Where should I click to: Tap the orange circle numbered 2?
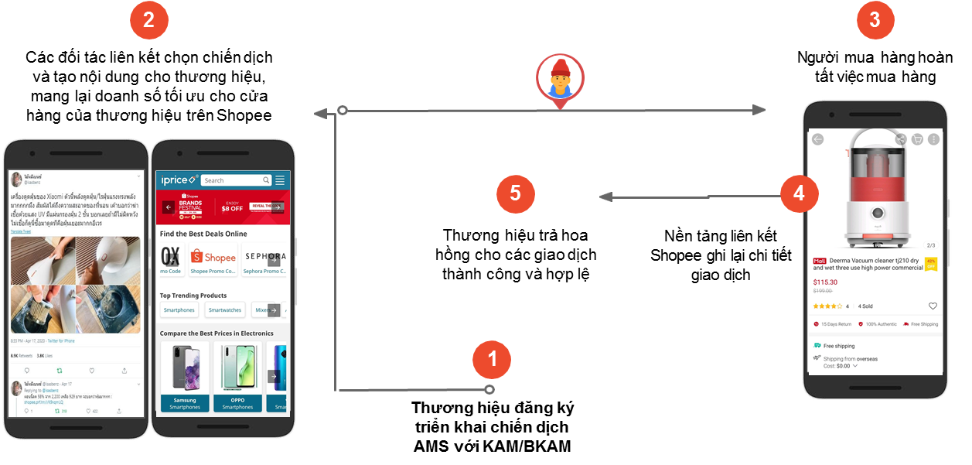(x=148, y=22)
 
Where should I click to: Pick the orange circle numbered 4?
(x=799, y=193)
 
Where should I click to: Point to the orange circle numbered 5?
(x=516, y=195)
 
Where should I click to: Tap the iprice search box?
(x=237, y=180)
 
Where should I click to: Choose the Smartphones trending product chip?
(x=179, y=310)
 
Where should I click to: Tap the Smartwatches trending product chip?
(x=225, y=310)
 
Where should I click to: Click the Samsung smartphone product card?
(x=185, y=377)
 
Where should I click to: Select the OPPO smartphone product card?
(x=237, y=377)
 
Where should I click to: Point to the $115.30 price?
(x=825, y=282)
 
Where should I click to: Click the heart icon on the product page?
(x=933, y=306)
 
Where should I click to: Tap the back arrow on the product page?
(x=818, y=139)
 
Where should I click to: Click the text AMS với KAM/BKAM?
(x=492, y=446)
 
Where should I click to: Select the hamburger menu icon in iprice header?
(x=280, y=180)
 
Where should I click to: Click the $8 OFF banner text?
(x=232, y=207)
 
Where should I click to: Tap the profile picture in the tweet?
(x=16, y=180)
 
